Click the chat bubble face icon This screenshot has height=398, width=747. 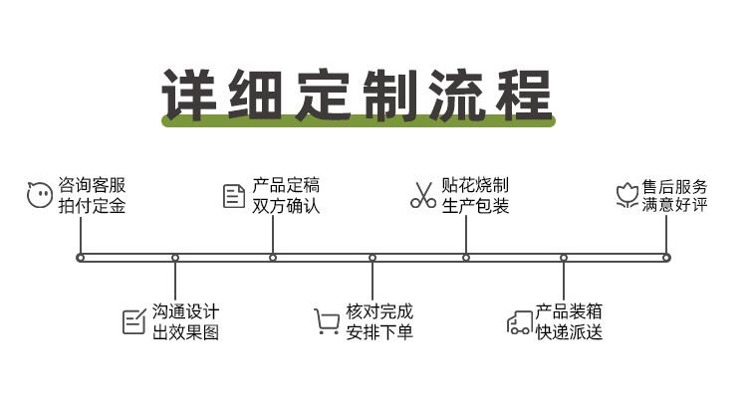point(39,195)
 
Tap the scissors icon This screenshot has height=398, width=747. point(423,195)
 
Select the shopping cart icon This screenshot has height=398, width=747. point(327,321)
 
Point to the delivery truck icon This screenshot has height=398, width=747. point(519,322)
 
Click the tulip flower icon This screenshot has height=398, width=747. point(626,195)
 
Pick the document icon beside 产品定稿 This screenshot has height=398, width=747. point(234,196)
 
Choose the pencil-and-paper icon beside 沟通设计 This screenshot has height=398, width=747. point(134,321)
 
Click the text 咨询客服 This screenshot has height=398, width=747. point(92,185)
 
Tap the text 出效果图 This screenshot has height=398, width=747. point(186,332)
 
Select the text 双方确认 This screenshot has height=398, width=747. point(286,206)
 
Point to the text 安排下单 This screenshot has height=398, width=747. point(379,332)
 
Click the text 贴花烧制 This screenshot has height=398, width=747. point(475,185)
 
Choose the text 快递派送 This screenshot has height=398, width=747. point(569,332)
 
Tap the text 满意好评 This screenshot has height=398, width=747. point(674,205)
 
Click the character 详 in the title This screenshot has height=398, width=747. point(189,95)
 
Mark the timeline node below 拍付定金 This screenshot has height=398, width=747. point(81,258)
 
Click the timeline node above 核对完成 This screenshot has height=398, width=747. point(373,258)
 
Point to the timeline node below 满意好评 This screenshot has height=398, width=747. point(666,258)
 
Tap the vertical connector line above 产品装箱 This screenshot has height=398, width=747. point(564,281)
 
